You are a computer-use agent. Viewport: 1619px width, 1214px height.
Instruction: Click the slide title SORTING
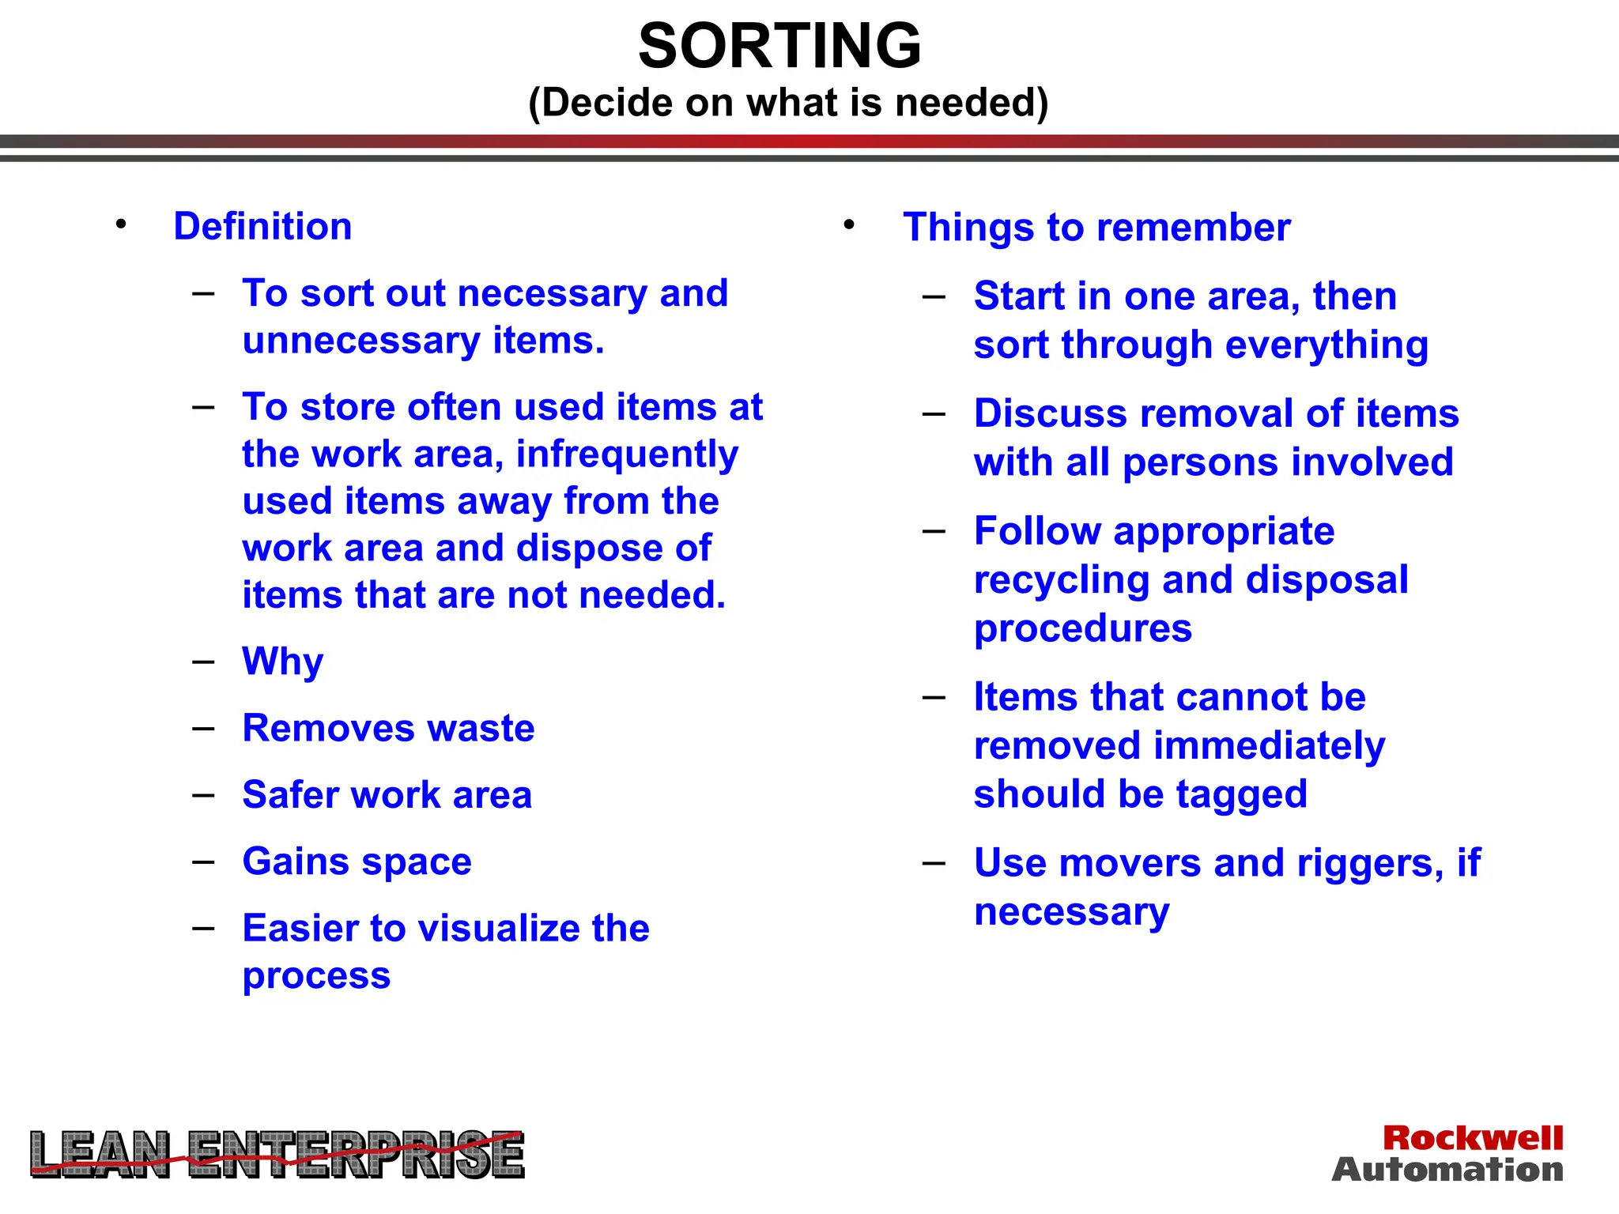(779, 46)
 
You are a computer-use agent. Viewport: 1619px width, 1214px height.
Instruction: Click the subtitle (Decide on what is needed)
(788, 103)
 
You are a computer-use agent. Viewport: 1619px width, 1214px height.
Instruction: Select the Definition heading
(262, 227)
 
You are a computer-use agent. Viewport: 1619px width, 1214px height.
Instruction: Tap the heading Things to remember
(1096, 228)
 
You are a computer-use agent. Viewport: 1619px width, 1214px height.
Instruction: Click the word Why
(283, 662)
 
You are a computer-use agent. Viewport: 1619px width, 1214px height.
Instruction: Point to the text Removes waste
(388, 728)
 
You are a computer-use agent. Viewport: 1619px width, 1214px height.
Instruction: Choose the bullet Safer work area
(387, 795)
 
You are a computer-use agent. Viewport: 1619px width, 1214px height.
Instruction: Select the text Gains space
(357, 861)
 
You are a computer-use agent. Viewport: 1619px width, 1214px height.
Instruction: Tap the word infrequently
(627, 454)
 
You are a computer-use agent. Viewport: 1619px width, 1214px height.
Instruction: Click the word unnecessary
(361, 341)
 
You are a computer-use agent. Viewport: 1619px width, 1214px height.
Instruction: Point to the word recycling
(1062, 581)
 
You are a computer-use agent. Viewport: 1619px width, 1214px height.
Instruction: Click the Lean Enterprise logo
(277, 1155)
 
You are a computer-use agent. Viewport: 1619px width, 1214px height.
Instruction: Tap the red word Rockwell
(1473, 1138)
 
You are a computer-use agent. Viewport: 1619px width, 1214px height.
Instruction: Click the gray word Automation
(1447, 1170)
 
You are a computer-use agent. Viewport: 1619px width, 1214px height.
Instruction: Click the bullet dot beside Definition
(120, 224)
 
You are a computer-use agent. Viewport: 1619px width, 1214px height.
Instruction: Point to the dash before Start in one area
(934, 297)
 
